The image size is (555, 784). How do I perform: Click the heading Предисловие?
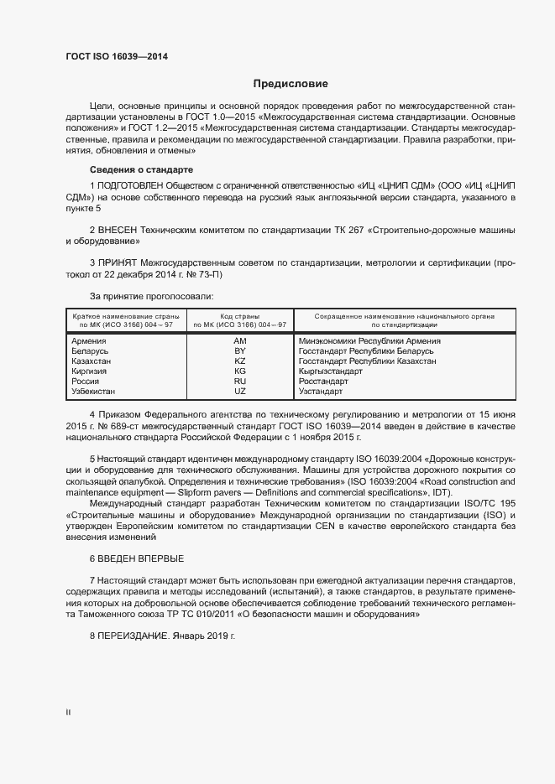coord(291,84)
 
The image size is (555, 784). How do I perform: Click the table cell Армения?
coord(89,341)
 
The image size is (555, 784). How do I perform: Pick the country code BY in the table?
coord(240,351)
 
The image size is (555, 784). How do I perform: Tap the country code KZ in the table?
coord(240,361)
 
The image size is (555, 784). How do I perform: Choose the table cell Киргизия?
coord(91,371)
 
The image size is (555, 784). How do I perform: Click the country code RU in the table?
coord(240,382)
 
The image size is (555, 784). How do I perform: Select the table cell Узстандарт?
coord(321,392)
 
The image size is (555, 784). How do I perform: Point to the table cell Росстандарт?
coord(323,382)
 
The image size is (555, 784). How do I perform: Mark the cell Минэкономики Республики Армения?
coord(369,341)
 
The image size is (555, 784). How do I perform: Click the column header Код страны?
coord(240,315)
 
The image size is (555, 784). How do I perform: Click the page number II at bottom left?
coord(68,713)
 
